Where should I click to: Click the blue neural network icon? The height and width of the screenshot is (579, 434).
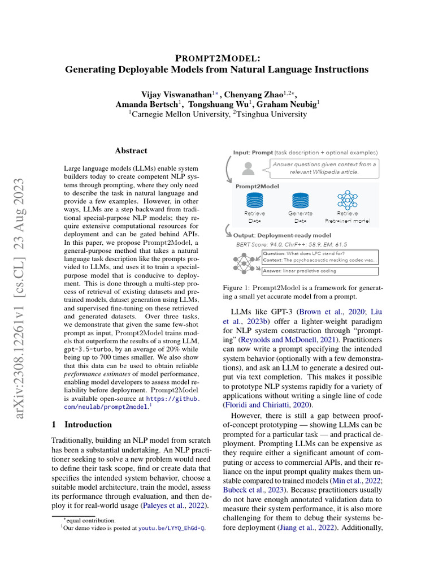(x=347, y=200)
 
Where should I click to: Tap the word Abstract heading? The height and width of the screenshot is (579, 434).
(x=131, y=151)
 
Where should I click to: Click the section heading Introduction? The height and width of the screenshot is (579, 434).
(x=88, y=424)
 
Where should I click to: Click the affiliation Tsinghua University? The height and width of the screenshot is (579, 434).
(x=272, y=114)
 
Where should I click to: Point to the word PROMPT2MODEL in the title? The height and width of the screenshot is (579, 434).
(x=217, y=58)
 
